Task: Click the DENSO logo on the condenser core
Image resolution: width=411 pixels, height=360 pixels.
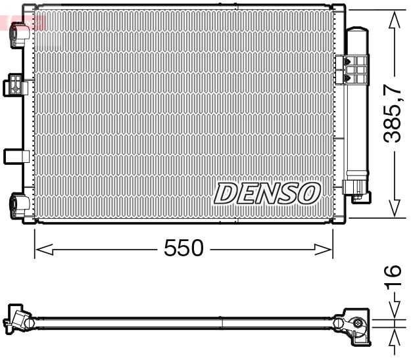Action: point(267,193)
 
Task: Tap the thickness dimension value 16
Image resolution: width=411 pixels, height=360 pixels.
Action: point(393,272)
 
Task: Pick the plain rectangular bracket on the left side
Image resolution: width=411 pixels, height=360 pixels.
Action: point(14,156)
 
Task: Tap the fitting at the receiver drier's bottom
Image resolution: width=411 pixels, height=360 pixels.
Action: point(358,191)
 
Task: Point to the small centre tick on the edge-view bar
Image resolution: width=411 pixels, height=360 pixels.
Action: point(222,323)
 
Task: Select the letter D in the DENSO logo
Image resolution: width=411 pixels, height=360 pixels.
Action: point(226,193)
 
